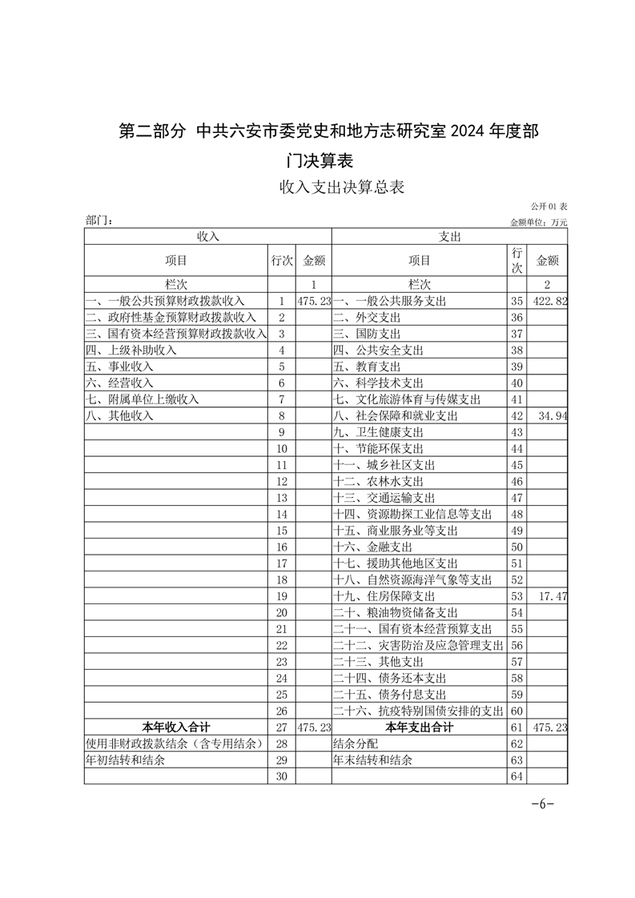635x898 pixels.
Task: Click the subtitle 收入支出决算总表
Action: tap(341, 188)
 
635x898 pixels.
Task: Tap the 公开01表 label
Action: tap(549, 207)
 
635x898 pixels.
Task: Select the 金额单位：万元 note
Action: tap(538, 222)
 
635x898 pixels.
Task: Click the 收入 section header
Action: tap(208, 237)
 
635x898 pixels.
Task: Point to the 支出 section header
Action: tap(449, 237)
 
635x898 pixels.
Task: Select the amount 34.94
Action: tap(553, 416)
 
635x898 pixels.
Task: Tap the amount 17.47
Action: tap(553, 596)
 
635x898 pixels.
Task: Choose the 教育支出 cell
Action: tap(368, 367)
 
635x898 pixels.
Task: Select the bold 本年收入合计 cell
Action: tap(176, 728)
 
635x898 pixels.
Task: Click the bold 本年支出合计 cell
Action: tap(419, 728)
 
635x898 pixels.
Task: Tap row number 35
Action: tap(516, 301)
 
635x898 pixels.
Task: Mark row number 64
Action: tap(516, 776)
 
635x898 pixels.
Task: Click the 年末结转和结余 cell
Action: tap(372, 760)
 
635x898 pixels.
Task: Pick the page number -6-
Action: tap(542, 804)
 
